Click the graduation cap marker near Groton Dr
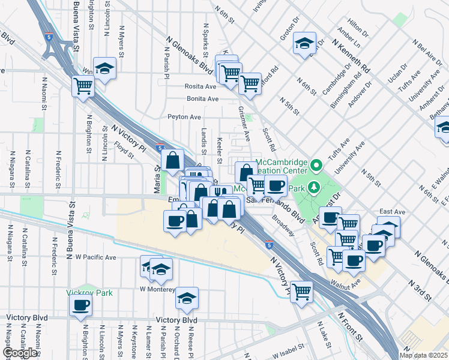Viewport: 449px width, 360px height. point(305,43)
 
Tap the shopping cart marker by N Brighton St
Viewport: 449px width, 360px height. point(83,86)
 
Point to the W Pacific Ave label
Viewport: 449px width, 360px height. point(95,257)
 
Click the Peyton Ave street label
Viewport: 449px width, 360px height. point(184,117)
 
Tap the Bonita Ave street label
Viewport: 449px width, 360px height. point(202,98)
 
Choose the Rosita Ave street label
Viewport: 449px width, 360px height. point(200,86)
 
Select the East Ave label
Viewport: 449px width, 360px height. point(393,212)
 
